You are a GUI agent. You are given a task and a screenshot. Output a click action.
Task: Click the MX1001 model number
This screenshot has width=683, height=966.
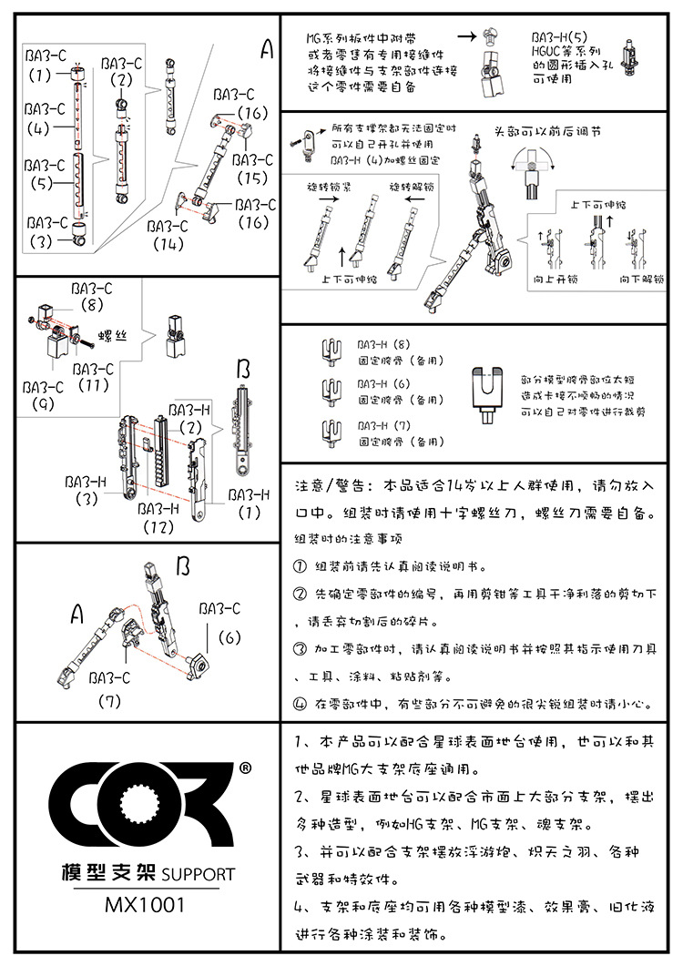point(145,905)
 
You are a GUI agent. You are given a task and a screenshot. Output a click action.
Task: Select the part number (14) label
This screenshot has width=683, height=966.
point(168,244)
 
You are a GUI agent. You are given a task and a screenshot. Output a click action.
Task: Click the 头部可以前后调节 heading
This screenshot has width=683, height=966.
point(546,131)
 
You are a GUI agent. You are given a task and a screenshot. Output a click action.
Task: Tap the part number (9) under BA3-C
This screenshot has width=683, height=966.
point(43,403)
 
